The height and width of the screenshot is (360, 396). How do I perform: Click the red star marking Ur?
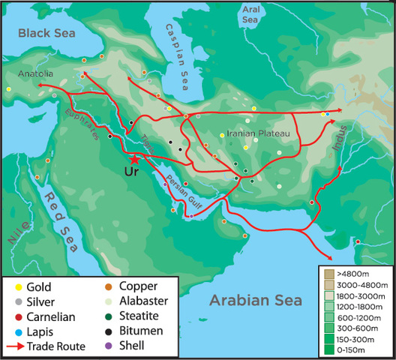(x=134, y=159)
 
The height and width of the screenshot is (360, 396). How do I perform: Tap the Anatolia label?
(x=37, y=73)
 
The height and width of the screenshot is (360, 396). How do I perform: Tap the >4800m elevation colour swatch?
(x=328, y=274)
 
